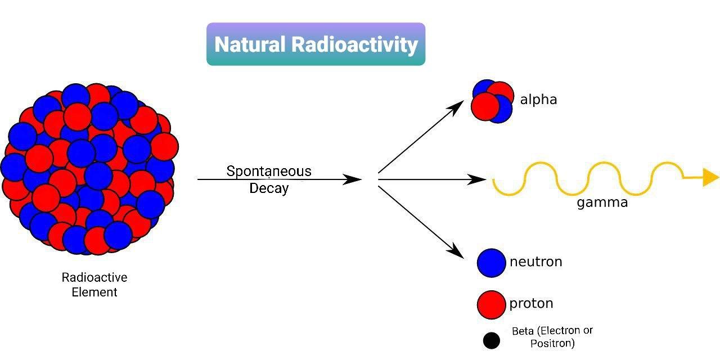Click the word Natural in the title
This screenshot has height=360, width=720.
click(x=250, y=44)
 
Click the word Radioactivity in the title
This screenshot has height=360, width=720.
click(x=354, y=44)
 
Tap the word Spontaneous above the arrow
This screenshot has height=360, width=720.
click(x=268, y=171)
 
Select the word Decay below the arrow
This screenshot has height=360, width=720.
click(x=268, y=188)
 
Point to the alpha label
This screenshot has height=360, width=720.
click(x=538, y=100)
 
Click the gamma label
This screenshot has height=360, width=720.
click(x=602, y=202)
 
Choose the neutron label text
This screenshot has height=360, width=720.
click(x=535, y=262)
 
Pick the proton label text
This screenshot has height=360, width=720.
click(x=531, y=304)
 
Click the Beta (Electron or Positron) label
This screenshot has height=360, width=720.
click(x=552, y=336)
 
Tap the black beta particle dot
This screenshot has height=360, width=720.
click(x=491, y=340)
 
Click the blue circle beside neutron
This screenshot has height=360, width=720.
click(x=491, y=263)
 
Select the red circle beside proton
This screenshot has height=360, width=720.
click(x=491, y=304)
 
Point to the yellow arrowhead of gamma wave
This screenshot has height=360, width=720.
click(x=710, y=177)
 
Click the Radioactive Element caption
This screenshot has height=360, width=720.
click(x=94, y=285)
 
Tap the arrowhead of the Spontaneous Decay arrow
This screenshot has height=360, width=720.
click(x=353, y=179)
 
